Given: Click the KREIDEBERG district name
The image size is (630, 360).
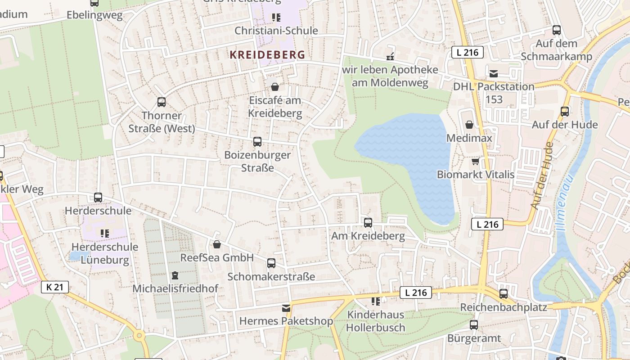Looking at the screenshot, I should (x=267, y=55).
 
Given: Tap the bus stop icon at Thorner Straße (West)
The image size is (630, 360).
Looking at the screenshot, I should (x=162, y=102).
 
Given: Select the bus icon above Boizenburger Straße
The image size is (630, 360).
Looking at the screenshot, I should (x=257, y=142).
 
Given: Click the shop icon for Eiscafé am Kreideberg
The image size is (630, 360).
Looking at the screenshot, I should (x=275, y=86).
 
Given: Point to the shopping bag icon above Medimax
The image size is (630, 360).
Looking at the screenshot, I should (x=469, y=125).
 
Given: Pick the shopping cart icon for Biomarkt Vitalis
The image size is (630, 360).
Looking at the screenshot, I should (x=475, y=161).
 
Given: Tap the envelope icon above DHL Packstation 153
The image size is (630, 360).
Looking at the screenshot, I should (x=494, y=73).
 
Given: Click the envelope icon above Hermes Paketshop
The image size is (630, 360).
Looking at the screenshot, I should (x=286, y=308).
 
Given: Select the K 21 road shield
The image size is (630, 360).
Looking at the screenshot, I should (x=55, y=287).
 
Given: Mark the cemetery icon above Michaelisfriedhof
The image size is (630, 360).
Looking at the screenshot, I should (x=175, y=275).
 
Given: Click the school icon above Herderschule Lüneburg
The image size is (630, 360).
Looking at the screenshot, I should (x=105, y=233).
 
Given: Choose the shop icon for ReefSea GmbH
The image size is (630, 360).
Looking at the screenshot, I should (x=217, y=244).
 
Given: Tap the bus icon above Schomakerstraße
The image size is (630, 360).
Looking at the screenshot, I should (x=271, y=263).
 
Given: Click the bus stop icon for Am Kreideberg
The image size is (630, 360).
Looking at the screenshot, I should (x=368, y=222).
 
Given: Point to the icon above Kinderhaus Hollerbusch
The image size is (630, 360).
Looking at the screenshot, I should (x=376, y=301).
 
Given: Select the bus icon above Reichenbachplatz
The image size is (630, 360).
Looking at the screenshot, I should (x=504, y=294).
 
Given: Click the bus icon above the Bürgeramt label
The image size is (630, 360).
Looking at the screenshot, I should (x=474, y=325).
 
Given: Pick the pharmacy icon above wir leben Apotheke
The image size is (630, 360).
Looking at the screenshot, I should (x=390, y=57).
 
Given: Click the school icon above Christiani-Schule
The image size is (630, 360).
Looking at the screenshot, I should (x=276, y=18).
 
